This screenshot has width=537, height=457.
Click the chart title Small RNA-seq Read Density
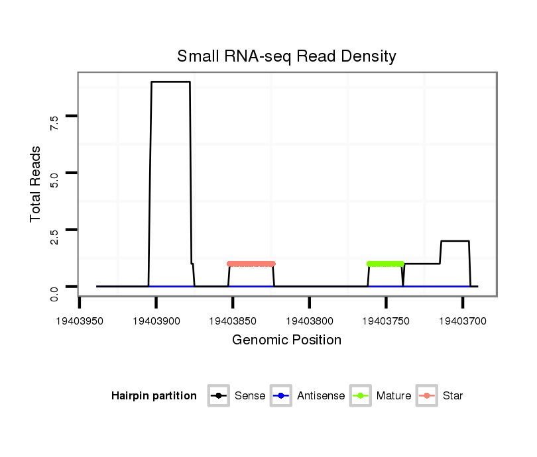coord(286,56)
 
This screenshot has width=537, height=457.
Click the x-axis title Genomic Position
coord(286,340)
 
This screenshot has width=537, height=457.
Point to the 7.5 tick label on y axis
coord(54,122)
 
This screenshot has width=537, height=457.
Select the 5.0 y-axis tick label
coord(54,179)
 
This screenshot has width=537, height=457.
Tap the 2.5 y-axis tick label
coord(54,236)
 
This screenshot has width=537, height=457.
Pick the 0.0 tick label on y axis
coord(54,292)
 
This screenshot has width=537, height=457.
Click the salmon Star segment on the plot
coord(251,264)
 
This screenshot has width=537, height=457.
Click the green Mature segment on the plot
coord(385,264)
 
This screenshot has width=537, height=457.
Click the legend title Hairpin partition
coord(154,396)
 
